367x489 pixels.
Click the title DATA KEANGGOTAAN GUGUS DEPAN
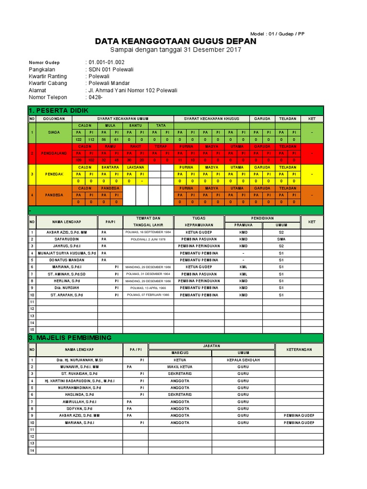pyautogui.click(x=175, y=42)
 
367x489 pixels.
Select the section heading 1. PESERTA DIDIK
pyautogui.click(x=59, y=111)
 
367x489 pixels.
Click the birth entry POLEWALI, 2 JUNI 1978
pyautogui.click(x=148, y=239)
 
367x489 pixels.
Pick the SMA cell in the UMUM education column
pyautogui.click(x=281, y=239)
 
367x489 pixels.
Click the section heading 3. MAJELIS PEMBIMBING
pyautogui.click(x=70, y=338)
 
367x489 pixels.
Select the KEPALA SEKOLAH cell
pyautogui.click(x=243, y=360)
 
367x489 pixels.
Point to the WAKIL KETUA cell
pyautogui.click(x=180, y=367)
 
